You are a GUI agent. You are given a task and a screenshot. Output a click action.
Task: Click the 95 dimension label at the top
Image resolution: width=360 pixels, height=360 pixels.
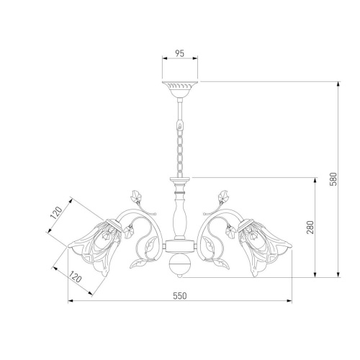[x=179, y=53]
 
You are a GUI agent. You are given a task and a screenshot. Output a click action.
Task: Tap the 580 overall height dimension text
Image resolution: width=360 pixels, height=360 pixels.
[x=334, y=179]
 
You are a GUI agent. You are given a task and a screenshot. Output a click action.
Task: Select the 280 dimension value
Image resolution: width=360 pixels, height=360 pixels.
[x=310, y=227]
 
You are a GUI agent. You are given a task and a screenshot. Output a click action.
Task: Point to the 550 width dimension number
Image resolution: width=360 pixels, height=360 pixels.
[x=180, y=296]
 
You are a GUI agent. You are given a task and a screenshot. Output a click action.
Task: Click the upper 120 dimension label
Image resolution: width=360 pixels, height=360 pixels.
[x=56, y=213]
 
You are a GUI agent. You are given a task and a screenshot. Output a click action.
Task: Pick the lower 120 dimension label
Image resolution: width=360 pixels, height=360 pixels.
[x=76, y=276]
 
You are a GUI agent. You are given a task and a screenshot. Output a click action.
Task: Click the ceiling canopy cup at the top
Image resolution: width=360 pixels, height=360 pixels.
[x=180, y=89]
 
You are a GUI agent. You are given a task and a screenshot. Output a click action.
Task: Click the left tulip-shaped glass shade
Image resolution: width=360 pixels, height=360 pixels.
[x=96, y=247]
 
